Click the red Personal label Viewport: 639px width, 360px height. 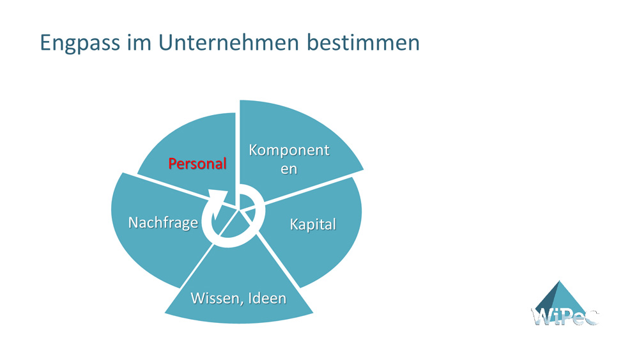coord(197,164)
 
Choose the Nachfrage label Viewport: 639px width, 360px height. coord(163,223)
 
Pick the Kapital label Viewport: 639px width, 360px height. coord(312,224)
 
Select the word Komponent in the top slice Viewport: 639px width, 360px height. coord(289,150)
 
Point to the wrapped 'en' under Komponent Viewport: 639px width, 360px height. coord(289,169)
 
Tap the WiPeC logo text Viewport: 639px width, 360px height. coord(564,316)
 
